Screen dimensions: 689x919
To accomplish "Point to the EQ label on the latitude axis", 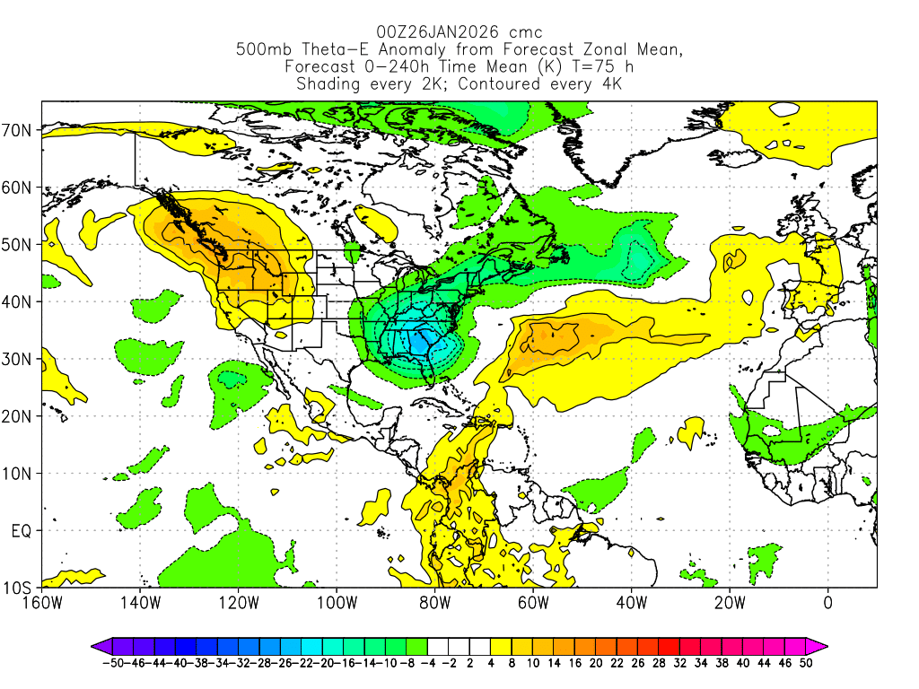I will [x=22, y=530].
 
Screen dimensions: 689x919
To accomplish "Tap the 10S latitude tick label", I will [x=20, y=588].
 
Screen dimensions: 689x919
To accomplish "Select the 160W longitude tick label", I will [x=42, y=602].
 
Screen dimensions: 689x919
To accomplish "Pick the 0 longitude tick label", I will [x=827, y=602].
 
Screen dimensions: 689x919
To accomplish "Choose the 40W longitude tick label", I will [x=631, y=602].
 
